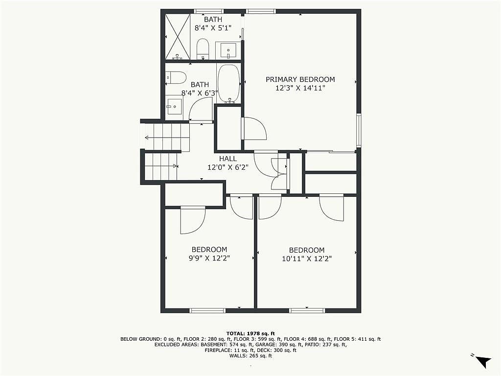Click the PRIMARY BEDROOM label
(300, 79)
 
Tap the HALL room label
(228, 159)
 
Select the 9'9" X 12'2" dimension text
(209, 258)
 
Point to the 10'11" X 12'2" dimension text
(307, 258)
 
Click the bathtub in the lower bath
(229, 84)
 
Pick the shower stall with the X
(178, 36)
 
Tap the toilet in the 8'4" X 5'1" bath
(203, 49)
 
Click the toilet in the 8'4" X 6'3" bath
(176, 78)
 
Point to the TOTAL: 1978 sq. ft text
(250, 333)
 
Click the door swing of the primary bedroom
(254, 129)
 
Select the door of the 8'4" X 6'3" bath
(201, 110)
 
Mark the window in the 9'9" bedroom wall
(207, 310)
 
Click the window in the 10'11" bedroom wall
(307, 310)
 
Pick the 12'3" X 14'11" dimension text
(300, 88)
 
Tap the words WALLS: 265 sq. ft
(250, 356)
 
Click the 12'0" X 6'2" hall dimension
(228, 167)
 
